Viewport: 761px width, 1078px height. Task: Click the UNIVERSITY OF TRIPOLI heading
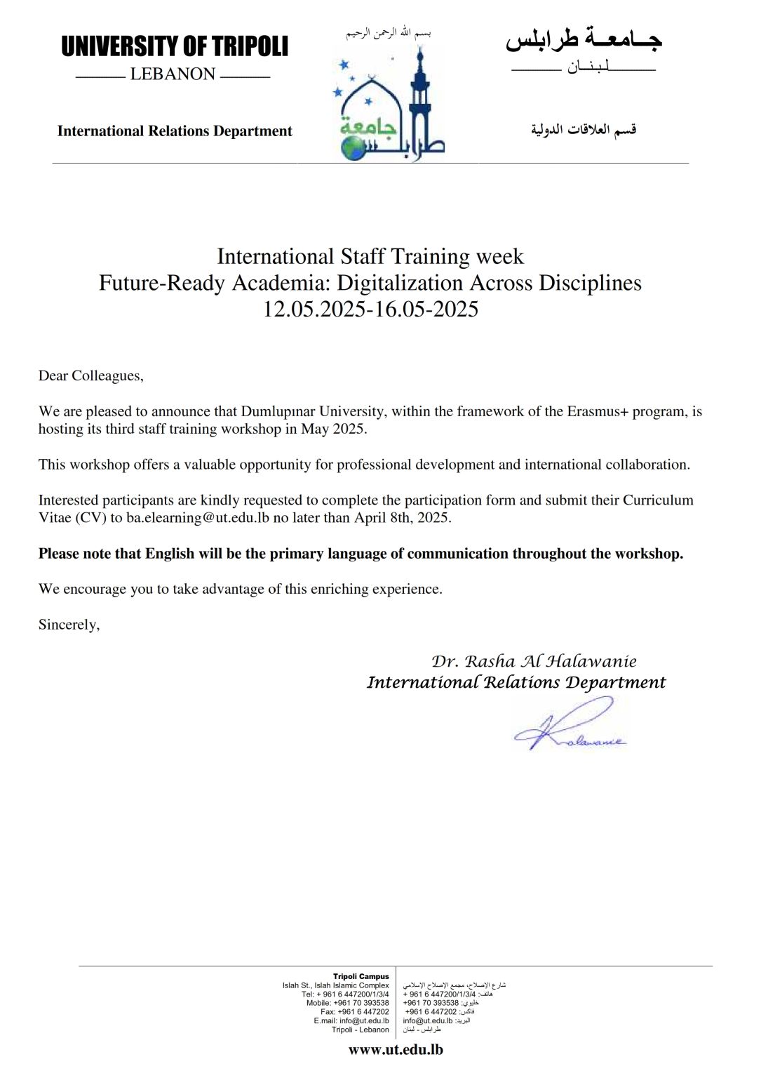(x=175, y=47)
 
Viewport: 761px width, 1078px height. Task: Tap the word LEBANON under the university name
(x=173, y=74)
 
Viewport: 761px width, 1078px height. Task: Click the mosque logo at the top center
(x=390, y=105)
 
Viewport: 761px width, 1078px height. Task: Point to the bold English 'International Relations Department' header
(x=175, y=131)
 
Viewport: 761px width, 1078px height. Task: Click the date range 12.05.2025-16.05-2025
(x=370, y=310)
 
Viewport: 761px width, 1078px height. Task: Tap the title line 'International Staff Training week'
(x=370, y=257)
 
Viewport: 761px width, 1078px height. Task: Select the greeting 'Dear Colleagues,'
(x=91, y=376)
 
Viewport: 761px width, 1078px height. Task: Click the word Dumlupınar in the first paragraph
(x=277, y=412)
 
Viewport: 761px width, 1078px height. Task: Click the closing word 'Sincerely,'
(x=69, y=625)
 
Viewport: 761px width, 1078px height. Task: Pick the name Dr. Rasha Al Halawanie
(x=534, y=661)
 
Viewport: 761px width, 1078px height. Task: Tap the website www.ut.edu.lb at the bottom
(x=396, y=1050)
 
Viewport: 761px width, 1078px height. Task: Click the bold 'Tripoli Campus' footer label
(x=361, y=976)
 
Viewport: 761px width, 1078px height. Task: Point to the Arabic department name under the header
(x=584, y=130)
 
